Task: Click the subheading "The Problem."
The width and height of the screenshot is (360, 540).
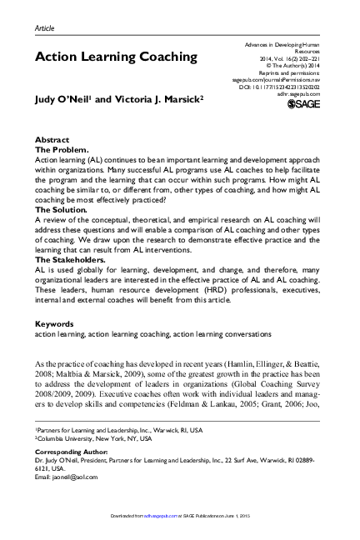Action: (62, 149)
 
